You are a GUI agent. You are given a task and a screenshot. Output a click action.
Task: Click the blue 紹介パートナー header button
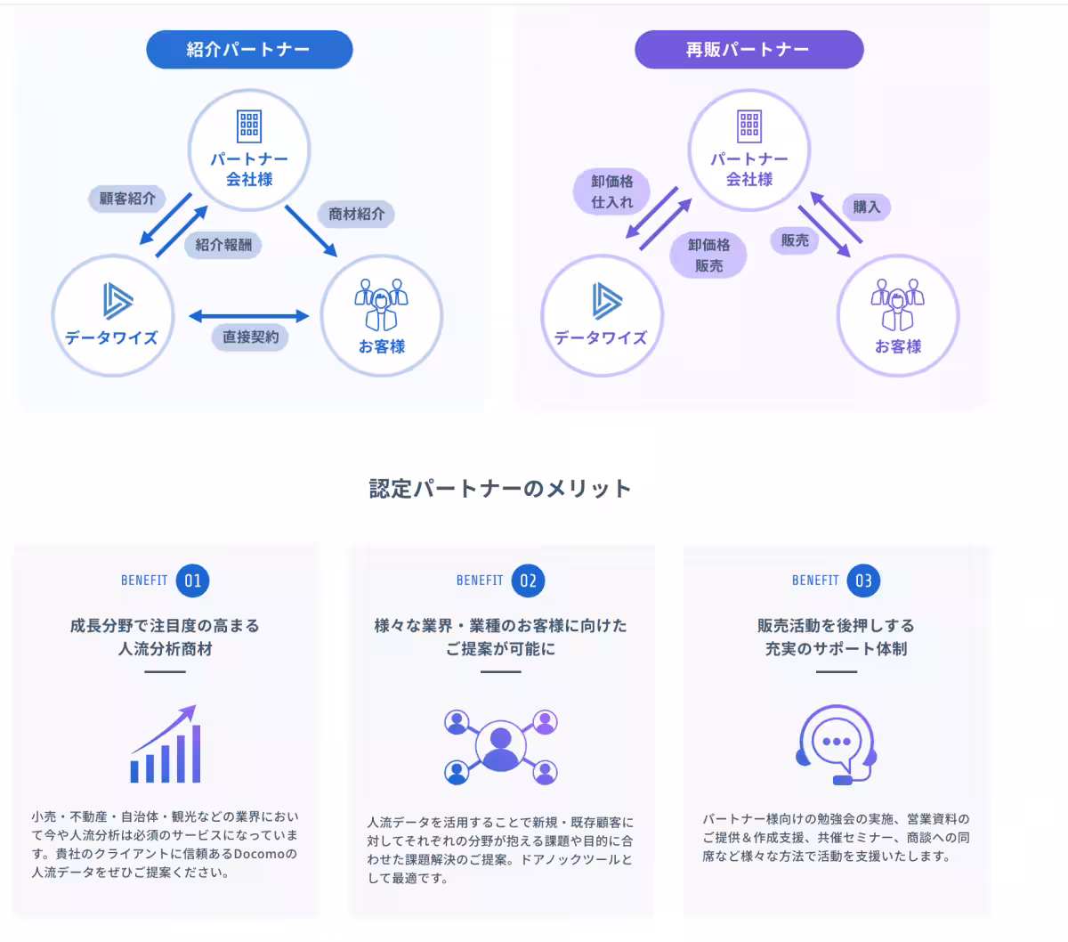[x=249, y=50]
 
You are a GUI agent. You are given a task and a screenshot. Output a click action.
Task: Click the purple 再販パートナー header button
[x=748, y=50]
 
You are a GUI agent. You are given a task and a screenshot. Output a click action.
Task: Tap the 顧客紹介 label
[x=127, y=199]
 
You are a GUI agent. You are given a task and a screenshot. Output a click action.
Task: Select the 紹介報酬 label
[x=223, y=245]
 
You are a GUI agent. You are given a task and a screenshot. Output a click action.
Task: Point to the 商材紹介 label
[x=356, y=214]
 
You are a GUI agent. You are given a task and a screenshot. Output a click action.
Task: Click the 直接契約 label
[x=250, y=337]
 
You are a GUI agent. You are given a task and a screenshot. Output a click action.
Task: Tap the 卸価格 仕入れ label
[x=612, y=191]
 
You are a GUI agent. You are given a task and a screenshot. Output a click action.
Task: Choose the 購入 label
[x=866, y=207]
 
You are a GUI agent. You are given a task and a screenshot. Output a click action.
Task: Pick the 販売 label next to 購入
[x=795, y=240]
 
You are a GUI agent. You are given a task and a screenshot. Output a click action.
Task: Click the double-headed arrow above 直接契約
[x=249, y=315]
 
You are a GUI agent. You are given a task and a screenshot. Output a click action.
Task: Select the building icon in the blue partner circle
[x=249, y=126]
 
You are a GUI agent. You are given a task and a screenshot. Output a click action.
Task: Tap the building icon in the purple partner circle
[x=749, y=126]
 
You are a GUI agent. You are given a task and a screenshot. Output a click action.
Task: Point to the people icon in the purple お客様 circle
[x=897, y=305]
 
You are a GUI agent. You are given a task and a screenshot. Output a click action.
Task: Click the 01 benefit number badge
[x=193, y=581]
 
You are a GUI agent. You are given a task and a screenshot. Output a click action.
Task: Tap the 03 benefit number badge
[x=863, y=581]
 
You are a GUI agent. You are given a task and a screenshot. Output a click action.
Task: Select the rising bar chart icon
[x=166, y=745]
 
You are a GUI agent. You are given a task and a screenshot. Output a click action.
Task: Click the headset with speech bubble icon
[x=836, y=745]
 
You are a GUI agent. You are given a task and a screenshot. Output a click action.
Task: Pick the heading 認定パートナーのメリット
[x=500, y=489]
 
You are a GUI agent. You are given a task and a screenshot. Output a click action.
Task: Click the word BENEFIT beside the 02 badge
[x=480, y=581]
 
